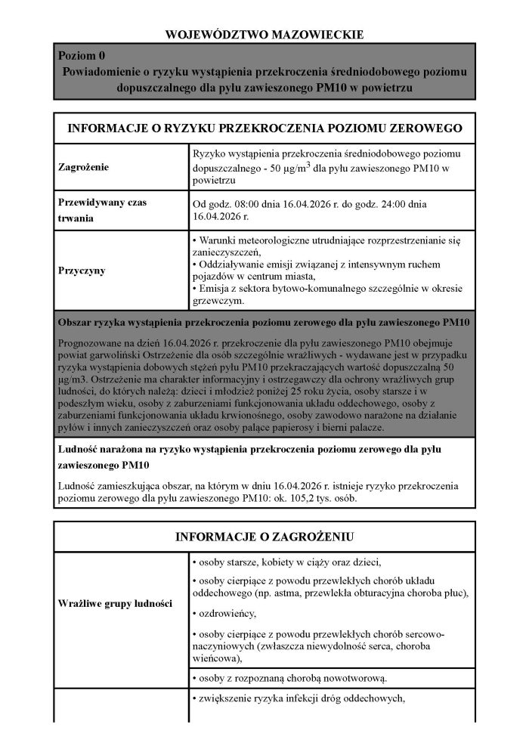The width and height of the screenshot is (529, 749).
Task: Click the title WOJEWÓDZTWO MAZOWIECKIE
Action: [264, 34]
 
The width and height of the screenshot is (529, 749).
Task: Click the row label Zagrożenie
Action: [85, 166]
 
